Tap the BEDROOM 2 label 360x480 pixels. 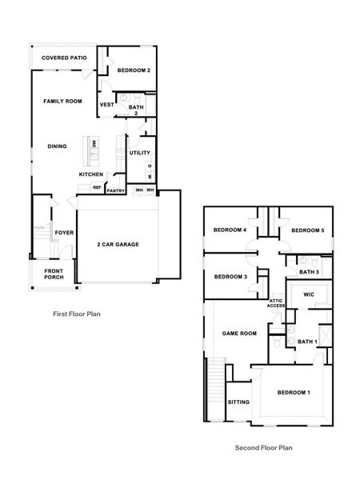pos(134,70)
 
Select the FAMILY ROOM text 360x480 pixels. pos(63,102)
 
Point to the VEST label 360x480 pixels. pos(106,105)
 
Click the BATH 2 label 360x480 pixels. pos(136,110)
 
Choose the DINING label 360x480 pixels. pos(57,146)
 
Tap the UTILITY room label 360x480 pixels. pos(140,152)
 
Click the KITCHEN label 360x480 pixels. pos(90,174)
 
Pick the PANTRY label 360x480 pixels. pos(115,190)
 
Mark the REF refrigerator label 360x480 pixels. pos(97,188)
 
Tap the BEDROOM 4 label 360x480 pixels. pos(230,230)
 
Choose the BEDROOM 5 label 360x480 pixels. pos(307,230)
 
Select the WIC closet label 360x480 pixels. pos(309,294)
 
